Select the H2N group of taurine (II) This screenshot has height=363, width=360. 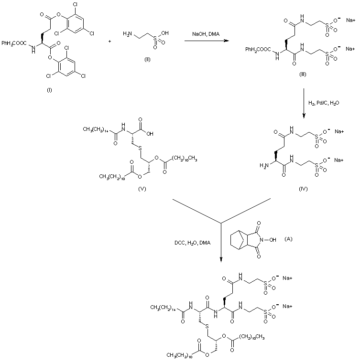click(x=127, y=33)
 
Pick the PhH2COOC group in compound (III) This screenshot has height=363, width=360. click(x=258, y=49)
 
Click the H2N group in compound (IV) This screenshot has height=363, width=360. click(x=262, y=165)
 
